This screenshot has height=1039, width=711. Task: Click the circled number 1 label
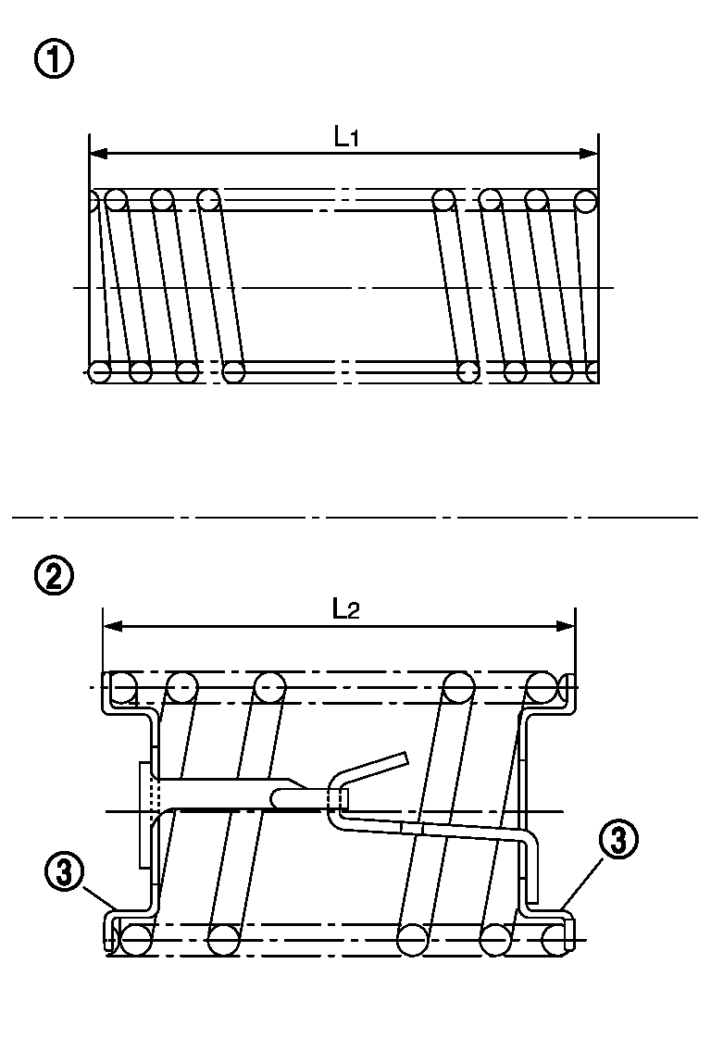(54, 61)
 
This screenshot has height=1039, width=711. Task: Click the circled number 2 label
(54, 576)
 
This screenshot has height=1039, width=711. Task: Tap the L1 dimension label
(346, 136)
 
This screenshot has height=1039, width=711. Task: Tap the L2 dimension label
(346, 609)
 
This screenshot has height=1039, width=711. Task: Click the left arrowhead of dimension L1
(99, 154)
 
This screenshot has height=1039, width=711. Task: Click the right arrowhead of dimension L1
(589, 154)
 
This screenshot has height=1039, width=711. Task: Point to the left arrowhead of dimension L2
(113, 626)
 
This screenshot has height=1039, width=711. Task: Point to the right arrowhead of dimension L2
(566, 626)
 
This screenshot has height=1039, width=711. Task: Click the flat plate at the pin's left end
(145, 814)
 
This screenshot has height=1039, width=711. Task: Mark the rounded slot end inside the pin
(275, 797)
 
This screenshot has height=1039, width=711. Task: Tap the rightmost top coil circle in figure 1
(586, 201)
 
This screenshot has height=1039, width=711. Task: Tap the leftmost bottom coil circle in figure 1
(100, 371)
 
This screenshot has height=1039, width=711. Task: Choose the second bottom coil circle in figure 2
(223, 940)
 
